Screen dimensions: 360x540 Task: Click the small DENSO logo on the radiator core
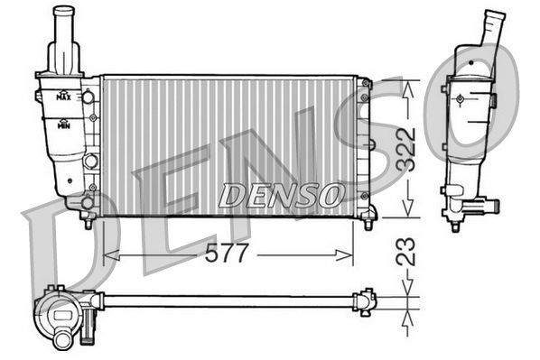click(282, 194)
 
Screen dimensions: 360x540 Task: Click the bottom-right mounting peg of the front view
click(368, 222)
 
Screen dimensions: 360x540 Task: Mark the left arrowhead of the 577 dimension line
click(108, 255)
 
